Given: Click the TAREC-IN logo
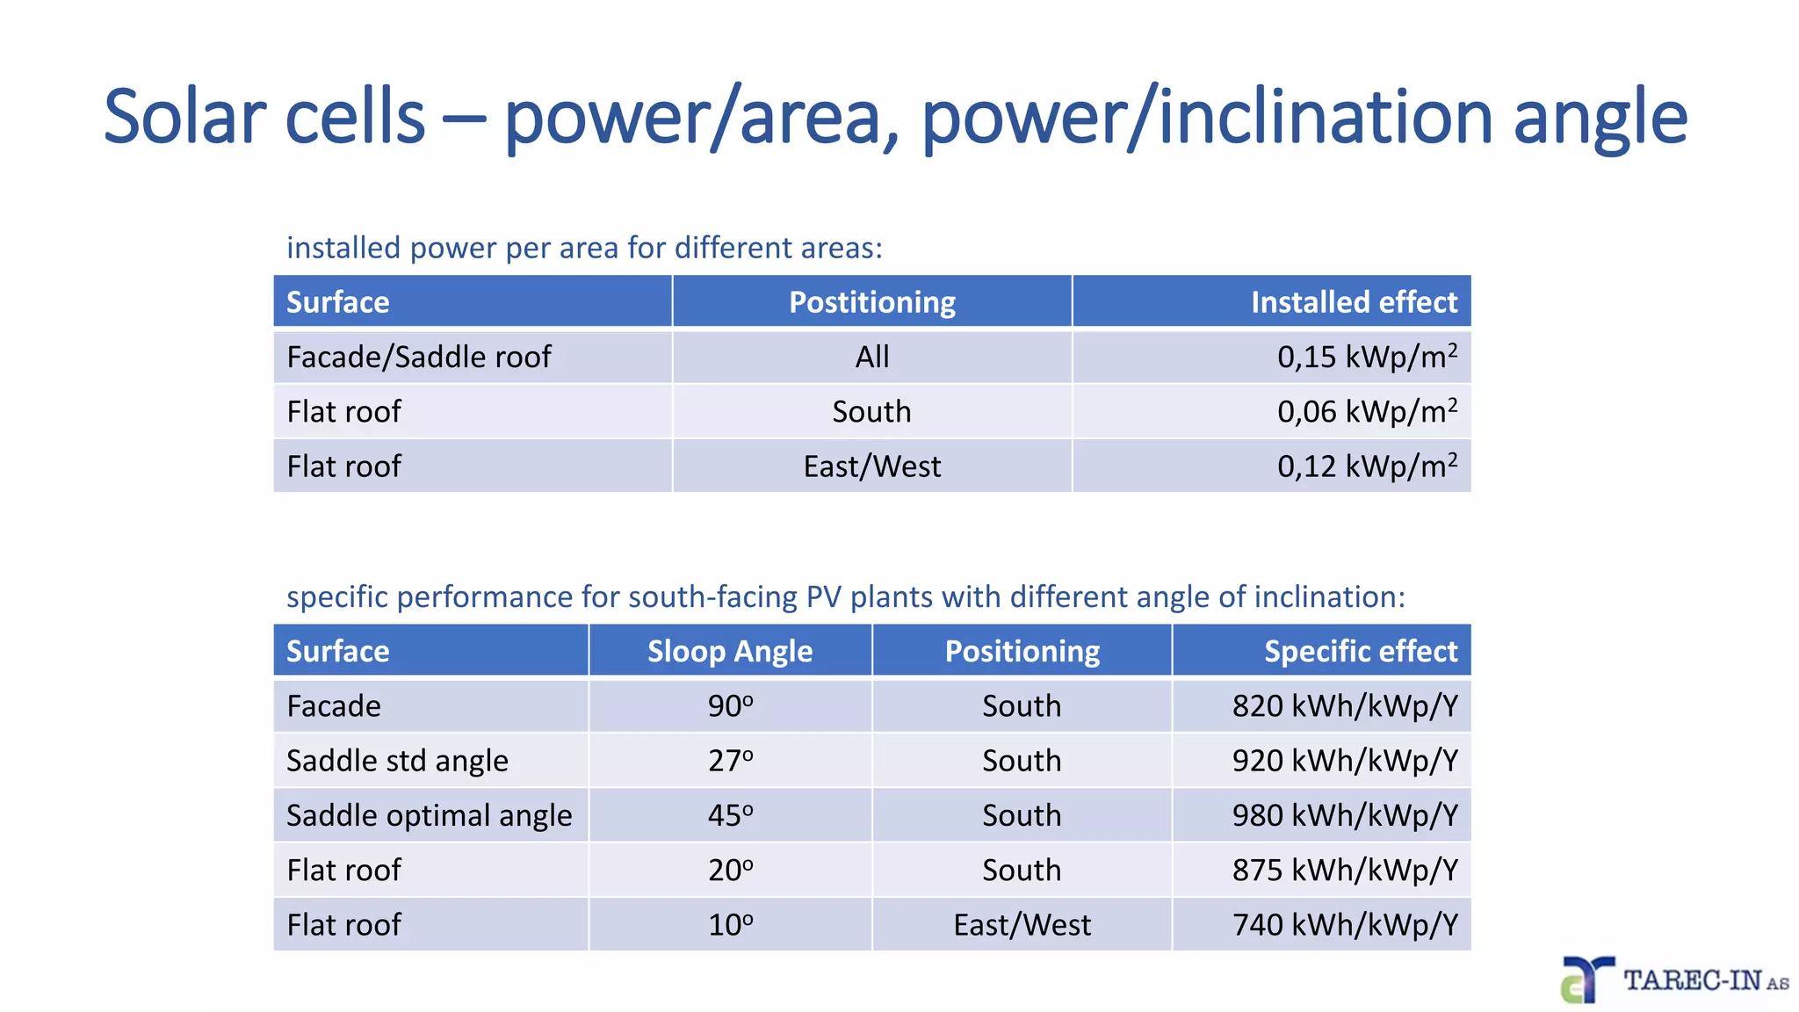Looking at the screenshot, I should tap(1674, 979).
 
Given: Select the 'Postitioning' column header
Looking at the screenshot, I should tap(871, 302).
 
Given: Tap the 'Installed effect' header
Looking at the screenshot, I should tap(1354, 302).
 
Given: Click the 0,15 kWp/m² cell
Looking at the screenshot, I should tap(1367, 357).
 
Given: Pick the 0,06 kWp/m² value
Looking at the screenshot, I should tap(1367, 411).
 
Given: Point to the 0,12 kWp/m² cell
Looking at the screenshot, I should tap(1367, 466).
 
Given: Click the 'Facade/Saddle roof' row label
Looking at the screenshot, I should tap(419, 357).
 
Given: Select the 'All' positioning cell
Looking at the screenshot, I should tap(872, 357).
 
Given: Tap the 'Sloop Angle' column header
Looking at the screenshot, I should tap(730, 651).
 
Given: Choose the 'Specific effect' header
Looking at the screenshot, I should tap(1360, 651).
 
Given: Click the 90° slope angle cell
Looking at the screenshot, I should tap(730, 706).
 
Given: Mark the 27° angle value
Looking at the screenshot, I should tap(730, 761).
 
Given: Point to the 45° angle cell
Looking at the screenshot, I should tap(730, 815).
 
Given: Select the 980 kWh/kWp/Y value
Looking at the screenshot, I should tap(1345, 815).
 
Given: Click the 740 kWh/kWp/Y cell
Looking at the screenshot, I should tap(1345, 925).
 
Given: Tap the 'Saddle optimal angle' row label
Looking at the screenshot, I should tap(429, 815).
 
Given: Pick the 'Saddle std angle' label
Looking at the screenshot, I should tap(397, 761).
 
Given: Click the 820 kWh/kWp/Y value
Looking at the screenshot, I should tap(1345, 706).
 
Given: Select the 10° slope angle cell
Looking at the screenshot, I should tap(730, 925).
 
